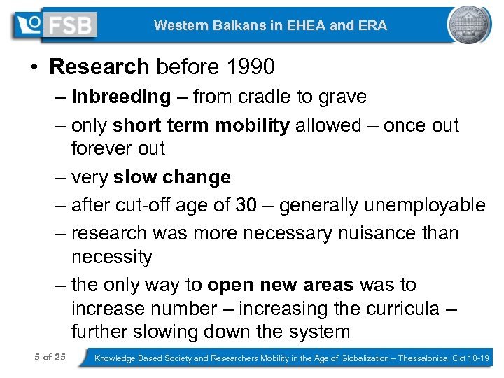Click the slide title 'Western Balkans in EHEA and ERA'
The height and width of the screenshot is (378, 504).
[x=270, y=26]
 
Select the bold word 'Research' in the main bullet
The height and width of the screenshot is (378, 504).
[x=99, y=66]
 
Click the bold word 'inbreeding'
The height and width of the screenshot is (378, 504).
[x=120, y=97]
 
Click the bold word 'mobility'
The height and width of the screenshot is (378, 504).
[x=252, y=125]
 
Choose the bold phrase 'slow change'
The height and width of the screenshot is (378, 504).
[x=171, y=177]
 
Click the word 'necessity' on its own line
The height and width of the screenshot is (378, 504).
[x=111, y=257]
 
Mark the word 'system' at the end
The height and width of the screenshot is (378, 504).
[x=315, y=332]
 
